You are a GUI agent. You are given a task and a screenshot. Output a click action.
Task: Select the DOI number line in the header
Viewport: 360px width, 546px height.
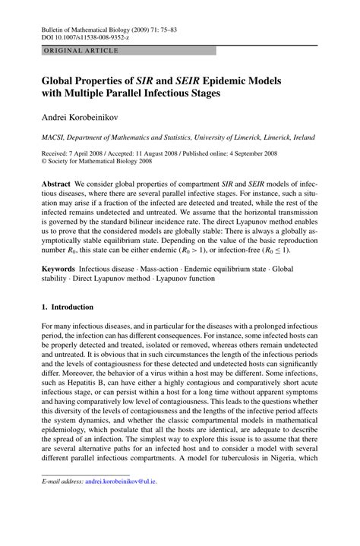tap(85, 36)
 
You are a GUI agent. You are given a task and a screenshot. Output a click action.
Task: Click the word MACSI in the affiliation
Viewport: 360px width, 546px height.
tap(55, 138)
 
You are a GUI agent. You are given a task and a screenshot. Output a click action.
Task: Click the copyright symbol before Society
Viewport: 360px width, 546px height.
tap(44, 162)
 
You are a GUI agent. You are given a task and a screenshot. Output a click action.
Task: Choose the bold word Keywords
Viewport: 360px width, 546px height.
tap(59, 269)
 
